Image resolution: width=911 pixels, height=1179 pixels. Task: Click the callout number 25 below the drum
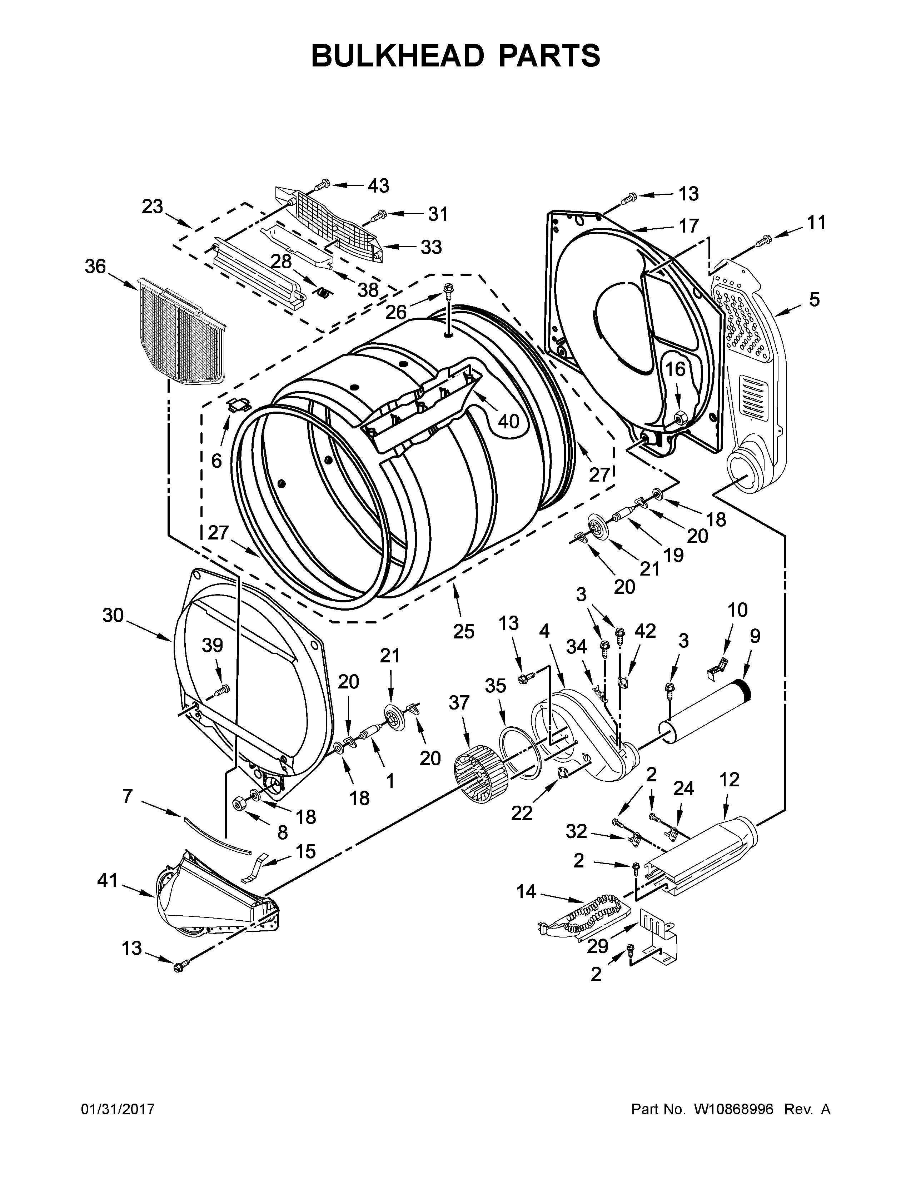click(x=463, y=631)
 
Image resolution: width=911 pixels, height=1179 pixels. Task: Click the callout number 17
click(x=689, y=226)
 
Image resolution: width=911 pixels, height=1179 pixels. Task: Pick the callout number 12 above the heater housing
click(x=729, y=780)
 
